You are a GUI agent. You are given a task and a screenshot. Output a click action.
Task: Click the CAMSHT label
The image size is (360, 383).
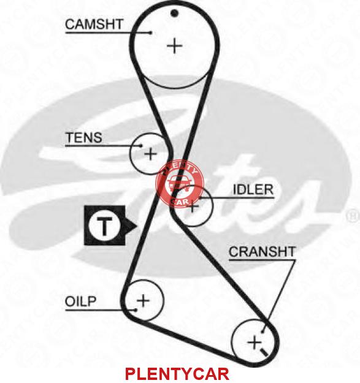[x=94, y=25]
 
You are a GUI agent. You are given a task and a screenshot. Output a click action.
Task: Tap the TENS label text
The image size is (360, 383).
[x=84, y=137]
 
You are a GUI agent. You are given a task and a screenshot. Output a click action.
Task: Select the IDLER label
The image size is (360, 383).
[x=253, y=189]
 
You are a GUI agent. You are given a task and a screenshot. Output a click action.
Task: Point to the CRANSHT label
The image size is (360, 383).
[x=262, y=252]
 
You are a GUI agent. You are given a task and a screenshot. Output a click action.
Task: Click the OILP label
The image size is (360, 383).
[x=80, y=301]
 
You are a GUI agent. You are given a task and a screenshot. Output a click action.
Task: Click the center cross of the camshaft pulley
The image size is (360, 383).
[x=175, y=46]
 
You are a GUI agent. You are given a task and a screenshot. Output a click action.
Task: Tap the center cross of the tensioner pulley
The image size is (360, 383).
[x=150, y=154]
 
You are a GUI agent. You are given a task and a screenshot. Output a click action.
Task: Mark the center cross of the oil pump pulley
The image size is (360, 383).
[x=144, y=300]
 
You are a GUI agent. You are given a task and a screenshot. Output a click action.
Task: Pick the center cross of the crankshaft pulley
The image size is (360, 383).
[x=254, y=343]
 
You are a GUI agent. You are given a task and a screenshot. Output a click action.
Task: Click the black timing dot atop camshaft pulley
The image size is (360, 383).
[x=174, y=13]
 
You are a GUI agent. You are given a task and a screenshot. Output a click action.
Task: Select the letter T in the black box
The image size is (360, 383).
[x=105, y=226]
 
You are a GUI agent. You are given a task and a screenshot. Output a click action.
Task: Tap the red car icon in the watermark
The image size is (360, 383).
[x=180, y=183]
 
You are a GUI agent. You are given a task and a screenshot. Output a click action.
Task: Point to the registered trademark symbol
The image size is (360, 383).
[x=353, y=216]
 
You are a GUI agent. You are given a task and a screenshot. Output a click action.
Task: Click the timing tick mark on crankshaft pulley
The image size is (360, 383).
[x=264, y=352]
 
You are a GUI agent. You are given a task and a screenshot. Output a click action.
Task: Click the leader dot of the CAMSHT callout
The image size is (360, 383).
[x=151, y=32]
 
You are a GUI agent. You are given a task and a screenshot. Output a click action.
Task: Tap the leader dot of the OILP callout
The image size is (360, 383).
[x=136, y=310]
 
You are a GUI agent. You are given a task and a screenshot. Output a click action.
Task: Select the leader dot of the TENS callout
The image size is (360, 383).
[x=141, y=146]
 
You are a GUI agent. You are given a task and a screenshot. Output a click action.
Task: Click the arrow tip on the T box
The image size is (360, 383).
[x=137, y=226]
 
